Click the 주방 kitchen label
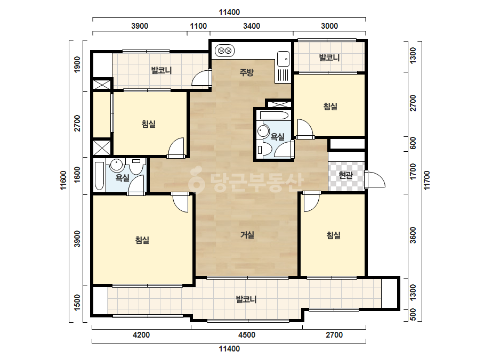(246, 72)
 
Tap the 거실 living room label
(247, 234)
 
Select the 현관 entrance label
(346, 175)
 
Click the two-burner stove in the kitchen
(224, 51)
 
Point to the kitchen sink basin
(283, 59)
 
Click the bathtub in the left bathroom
(99, 176)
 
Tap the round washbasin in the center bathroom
(263, 131)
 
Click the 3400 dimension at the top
(252, 26)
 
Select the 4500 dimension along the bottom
(247, 335)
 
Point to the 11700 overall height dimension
(427, 180)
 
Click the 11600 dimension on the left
(63, 180)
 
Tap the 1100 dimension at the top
(198, 26)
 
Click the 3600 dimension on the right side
(413, 235)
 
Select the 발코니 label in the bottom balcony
(246, 299)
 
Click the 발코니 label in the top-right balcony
(329, 58)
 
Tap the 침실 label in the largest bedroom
(142, 240)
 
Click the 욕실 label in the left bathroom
(123, 177)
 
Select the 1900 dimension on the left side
(77, 64)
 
